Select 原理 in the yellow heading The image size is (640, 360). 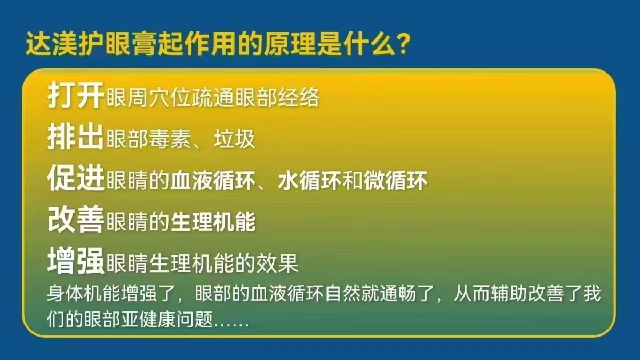[x=289, y=44]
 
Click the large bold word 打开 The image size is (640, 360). [x=75, y=95]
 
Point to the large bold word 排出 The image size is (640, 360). [x=75, y=137]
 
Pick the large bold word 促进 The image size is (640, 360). [x=75, y=178]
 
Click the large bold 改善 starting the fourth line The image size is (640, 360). [x=75, y=219]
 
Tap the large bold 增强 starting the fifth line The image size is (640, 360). [x=75, y=261]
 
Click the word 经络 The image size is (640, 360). [x=299, y=98]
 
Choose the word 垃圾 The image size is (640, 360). [x=234, y=139]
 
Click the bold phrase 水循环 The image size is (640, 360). [x=309, y=180]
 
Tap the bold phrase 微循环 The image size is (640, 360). [x=395, y=180]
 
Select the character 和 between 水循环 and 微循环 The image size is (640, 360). [x=353, y=180]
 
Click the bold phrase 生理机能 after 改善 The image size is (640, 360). [x=213, y=222]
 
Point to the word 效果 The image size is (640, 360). [x=277, y=263]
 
